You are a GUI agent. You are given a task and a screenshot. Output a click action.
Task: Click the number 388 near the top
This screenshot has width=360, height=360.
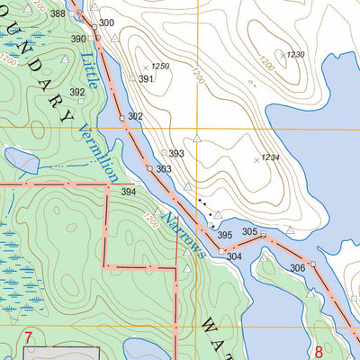pos(58,13)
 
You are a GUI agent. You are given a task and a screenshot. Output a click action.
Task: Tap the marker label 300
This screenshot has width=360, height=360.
pos(107,22)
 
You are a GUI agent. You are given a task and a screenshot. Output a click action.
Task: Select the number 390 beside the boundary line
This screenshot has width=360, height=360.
pos(78,39)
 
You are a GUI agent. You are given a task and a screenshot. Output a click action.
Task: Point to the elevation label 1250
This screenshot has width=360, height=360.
pos(160,67)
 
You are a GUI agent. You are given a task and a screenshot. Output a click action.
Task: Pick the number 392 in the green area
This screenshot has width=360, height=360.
pos(77,92)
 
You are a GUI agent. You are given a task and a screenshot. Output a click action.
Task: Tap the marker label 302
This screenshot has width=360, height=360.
pos(136,117)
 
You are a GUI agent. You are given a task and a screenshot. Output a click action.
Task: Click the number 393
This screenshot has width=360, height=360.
pos(176,154)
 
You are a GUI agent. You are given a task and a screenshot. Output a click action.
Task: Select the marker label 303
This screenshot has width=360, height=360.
pos(163,169)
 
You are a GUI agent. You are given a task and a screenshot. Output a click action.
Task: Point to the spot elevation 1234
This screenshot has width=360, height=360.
pos(270,158)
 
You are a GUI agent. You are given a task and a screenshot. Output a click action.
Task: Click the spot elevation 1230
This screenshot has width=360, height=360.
pos(296,55)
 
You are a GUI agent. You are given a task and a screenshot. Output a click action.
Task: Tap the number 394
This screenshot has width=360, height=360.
pos(129,192)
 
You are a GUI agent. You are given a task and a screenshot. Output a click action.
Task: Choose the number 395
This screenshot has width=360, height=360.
pos(226,235)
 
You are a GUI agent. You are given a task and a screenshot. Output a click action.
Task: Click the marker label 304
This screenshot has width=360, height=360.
pos(234,256)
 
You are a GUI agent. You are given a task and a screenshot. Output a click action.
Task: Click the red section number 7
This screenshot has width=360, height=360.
pos(29,337)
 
